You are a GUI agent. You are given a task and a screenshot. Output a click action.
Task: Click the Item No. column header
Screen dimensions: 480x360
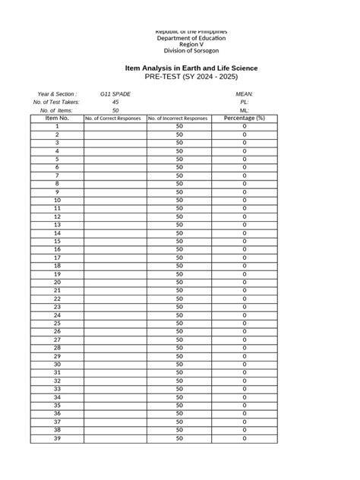click(x=57, y=118)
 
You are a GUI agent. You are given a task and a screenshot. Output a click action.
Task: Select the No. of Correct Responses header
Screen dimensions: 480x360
click(x=114, y=118)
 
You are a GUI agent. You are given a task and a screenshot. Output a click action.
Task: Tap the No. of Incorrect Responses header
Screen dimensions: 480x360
click(x=179, y=118)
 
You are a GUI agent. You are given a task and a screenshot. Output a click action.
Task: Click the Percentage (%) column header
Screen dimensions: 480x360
click(x=245, y=118)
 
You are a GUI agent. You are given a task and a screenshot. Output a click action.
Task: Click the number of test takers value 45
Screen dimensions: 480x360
click(x=115, y=102)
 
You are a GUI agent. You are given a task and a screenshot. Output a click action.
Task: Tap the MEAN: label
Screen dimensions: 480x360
click(x=245, y=94)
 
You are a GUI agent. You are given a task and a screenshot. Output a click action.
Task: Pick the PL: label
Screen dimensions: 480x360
click(x=245, y=102)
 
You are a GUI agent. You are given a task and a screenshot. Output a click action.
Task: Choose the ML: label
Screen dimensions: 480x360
click(x=245, y=110)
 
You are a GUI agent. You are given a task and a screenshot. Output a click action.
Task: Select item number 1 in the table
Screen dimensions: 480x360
click(x=57, y=126)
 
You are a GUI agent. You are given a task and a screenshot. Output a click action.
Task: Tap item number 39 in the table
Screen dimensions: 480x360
click(x=57, y=438)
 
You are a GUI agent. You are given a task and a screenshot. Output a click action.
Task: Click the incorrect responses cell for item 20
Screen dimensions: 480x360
click(x=180, y=283)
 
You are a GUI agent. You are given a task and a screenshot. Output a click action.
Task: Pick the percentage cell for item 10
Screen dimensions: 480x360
click(x=245, y=201)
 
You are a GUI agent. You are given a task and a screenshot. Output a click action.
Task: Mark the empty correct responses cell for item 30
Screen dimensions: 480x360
click(x=114, y=365)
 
